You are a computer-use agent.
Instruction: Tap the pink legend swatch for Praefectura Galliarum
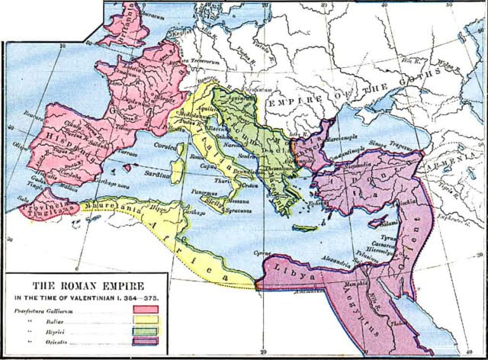click(145, 309)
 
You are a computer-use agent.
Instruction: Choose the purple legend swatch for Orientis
click(145, 342)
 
